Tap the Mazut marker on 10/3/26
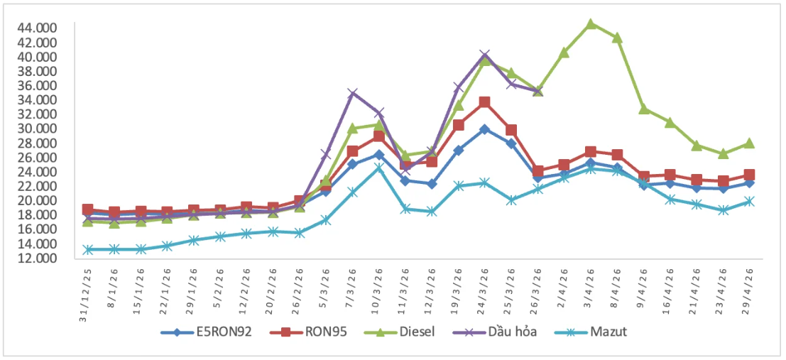(x=379, y=168)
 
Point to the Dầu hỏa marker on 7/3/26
(x=353, y=93)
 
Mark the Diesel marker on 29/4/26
(x=749, y=143)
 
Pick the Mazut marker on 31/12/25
(x=88, y=249)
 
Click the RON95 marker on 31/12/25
(x=88, y=209)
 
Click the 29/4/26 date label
(x=750, y=287)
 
